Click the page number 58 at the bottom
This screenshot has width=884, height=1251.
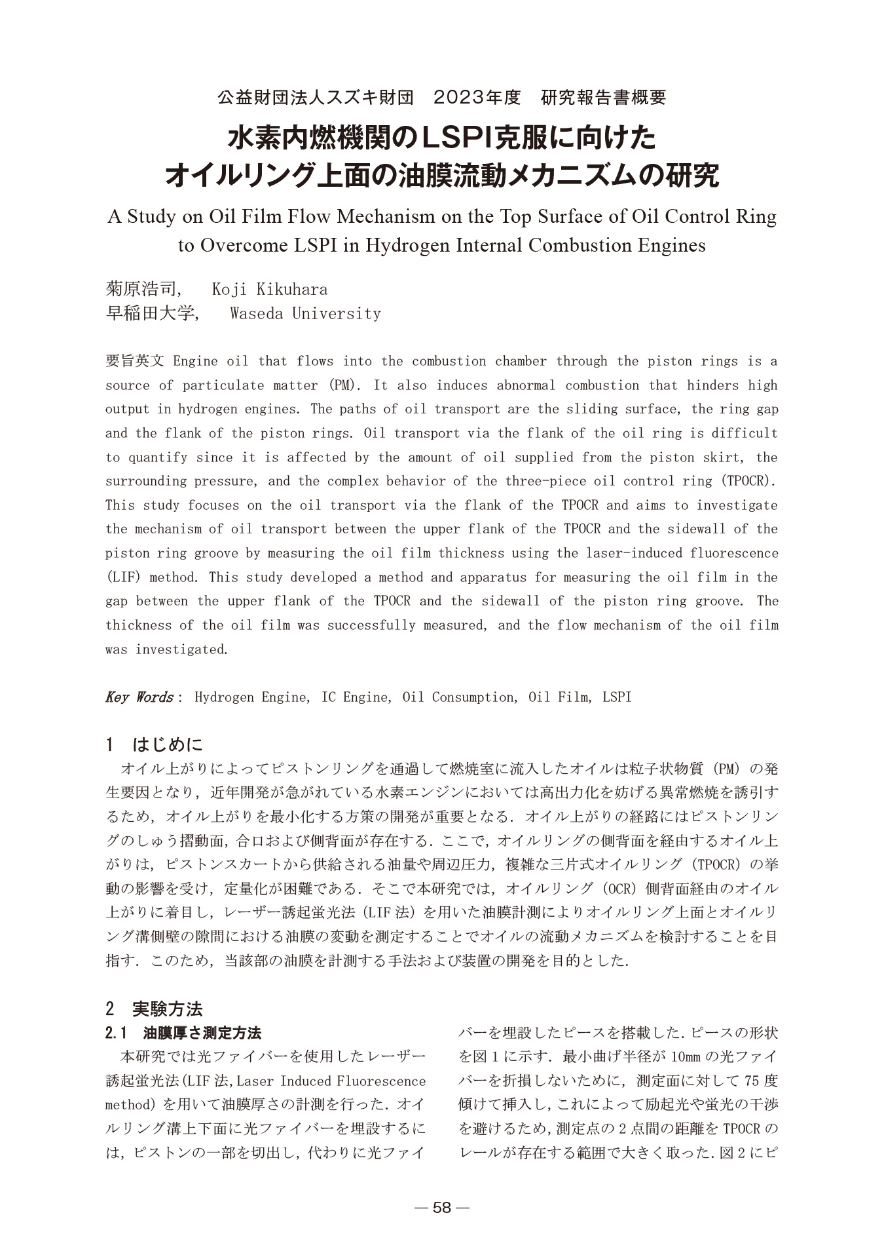pyautogui.click(x=442, y=1207)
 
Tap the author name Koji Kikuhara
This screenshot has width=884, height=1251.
pyautogui.click(x=270, y=289)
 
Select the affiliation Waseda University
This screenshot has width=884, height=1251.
pyautogui.click(x=305, y=313)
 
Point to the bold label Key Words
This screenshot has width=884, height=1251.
pyautogui.click(x=139, y=697)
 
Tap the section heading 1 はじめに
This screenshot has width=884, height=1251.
pyautogui.click(x=155, y=745)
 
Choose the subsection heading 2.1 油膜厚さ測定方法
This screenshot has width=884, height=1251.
pyautogui.click(x=183, y=1033)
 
